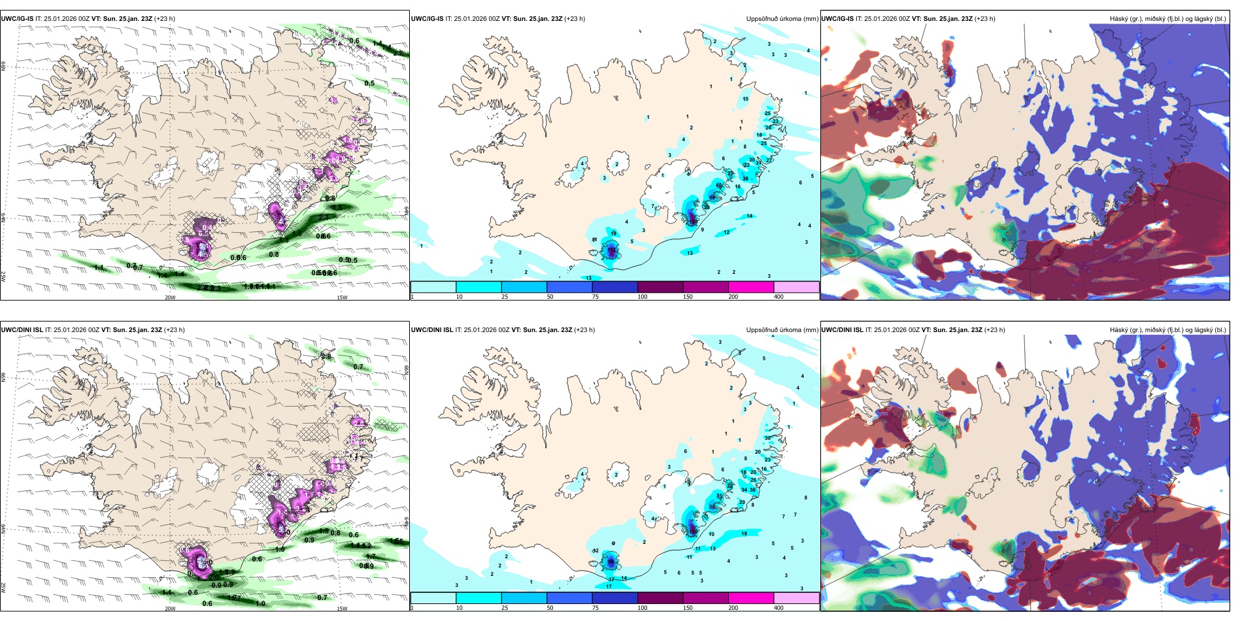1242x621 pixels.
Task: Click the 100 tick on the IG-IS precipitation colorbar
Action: [643, 297]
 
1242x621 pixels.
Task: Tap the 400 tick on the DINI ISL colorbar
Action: [779, 608]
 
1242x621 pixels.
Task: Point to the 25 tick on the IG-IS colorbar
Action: [505, 297]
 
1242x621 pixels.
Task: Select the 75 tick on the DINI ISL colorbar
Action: [596, 608]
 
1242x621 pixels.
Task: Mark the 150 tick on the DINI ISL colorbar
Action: [688, 608]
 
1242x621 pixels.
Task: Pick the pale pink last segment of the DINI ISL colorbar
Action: [796, 598]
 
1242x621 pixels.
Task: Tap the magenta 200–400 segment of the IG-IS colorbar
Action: [751, 287]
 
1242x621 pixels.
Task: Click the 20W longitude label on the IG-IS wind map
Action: [170, 297]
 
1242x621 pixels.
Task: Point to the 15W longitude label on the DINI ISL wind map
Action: [342, 609]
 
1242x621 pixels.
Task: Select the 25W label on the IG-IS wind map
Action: [3, 277]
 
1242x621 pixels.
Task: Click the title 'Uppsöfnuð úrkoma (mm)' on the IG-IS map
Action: [782, 19]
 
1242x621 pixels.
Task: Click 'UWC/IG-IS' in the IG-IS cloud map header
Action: [837, 19]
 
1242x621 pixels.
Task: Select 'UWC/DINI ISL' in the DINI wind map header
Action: [22, 330]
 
